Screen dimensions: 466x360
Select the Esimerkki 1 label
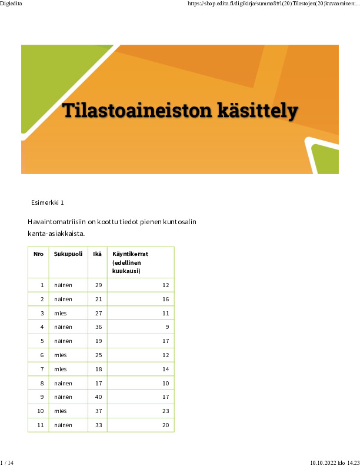coord(47,202)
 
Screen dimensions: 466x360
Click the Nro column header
coord(38,254)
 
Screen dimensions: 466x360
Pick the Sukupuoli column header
coord(68,254)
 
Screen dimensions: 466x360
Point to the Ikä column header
coord(97,254)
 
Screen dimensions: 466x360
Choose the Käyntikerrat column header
coord(130,254)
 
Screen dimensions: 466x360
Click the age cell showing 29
coord(98,285)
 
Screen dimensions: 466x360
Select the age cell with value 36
coord(98,327)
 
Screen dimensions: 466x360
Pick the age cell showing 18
coord(98,370)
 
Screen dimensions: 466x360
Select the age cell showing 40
coord(98,397)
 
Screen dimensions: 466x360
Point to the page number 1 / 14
coord(7,462)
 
